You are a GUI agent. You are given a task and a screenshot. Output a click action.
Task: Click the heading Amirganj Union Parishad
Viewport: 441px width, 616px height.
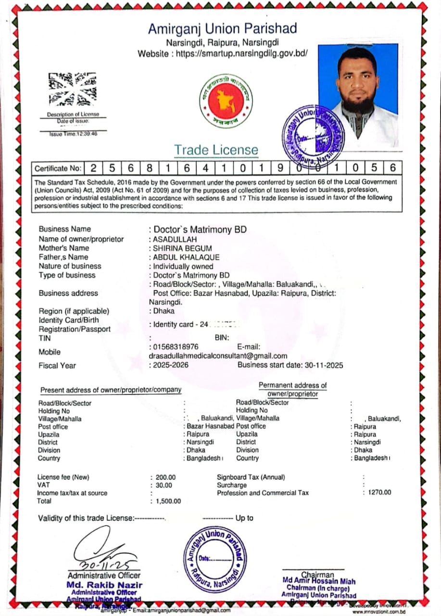[222, 29]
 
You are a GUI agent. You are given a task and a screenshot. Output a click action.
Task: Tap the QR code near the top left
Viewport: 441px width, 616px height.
[72, 89]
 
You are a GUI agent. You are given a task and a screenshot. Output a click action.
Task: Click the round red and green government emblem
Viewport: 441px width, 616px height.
[226, 102]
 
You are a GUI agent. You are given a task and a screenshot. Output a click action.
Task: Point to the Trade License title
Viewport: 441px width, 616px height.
[216, 150]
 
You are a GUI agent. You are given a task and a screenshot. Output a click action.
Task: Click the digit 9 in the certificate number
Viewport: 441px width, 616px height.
[281, 168]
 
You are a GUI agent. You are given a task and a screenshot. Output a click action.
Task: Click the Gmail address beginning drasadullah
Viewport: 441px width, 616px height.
[218, 356]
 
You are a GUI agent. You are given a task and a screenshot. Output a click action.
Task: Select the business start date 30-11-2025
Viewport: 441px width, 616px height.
[323, 365]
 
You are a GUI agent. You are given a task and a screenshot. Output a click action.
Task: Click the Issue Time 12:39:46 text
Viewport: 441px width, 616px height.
[73, 134]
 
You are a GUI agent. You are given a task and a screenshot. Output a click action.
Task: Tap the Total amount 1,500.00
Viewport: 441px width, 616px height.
[168, 501]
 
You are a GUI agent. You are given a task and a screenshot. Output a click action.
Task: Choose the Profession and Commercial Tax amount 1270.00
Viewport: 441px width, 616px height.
[379, 492]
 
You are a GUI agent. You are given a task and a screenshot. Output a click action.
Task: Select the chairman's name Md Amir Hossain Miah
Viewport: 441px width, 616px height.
[319, 581]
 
